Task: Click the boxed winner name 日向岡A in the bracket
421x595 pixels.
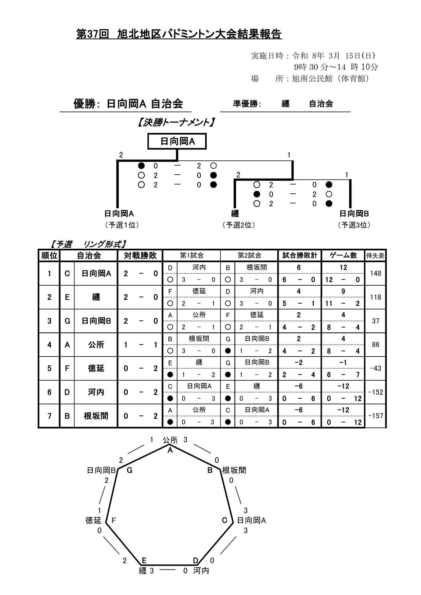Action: (177, 141)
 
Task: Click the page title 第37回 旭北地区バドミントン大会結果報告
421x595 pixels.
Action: (179, 34)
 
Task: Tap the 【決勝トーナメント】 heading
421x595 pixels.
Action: (176, 122)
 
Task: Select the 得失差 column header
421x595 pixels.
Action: (375, 256)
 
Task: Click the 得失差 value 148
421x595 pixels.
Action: (376, 273)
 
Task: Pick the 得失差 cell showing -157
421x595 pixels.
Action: (376, 416)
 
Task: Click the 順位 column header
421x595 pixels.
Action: (49, 255)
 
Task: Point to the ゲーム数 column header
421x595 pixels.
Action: (343, 255)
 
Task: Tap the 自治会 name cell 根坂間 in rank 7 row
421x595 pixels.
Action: (96, 416)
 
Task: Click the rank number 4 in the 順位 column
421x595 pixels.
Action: (49, 345)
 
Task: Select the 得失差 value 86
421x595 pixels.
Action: (376, 345)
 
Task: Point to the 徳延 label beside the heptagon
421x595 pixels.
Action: (93, 520)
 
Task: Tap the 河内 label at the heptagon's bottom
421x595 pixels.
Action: (201, 571)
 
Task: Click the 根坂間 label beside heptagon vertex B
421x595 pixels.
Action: (234, 470)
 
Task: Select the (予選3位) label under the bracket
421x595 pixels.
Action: (354, 225)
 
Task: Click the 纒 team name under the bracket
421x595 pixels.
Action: (235, 214)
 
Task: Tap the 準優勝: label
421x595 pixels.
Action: (247, 104)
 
